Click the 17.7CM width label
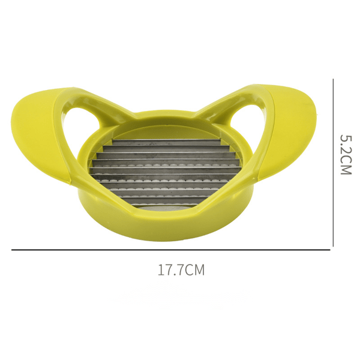click(181, 270)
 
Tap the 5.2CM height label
click(346, 155)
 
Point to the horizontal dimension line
click(171, 250)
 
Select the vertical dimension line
click(333, 163)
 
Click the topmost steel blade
click(166, 142)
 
